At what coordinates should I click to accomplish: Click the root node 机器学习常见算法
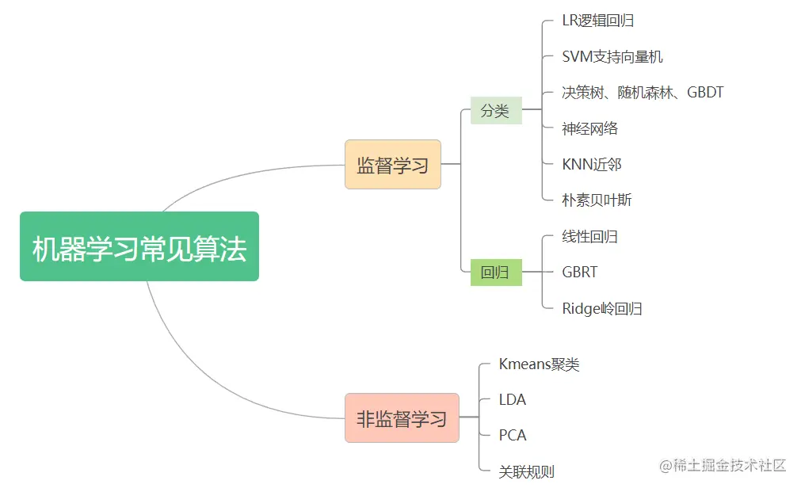[139, 246]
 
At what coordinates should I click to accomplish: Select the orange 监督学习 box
[392, 165]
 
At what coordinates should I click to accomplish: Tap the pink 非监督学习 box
[402, 417]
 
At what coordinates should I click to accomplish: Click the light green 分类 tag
[495, 111]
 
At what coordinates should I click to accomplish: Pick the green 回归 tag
[495, 273]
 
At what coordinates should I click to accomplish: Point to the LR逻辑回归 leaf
[597, 21]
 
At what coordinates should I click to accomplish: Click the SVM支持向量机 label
[612, 56]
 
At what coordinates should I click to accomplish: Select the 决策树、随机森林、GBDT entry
[643, 93]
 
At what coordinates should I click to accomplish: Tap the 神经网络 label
[589, 128]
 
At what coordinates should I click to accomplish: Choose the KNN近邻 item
[591, 164]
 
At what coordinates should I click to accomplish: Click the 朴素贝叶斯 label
[597, 200]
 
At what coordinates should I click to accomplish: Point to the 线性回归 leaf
[589, 236]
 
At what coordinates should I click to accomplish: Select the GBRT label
[580, 272]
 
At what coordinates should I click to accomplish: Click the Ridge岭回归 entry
[601, 308]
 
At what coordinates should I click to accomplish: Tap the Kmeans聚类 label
[539, 364]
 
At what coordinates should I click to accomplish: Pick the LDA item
[513, 399]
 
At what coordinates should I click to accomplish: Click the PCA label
[513, 435]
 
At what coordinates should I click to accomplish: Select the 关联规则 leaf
[526, 471]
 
